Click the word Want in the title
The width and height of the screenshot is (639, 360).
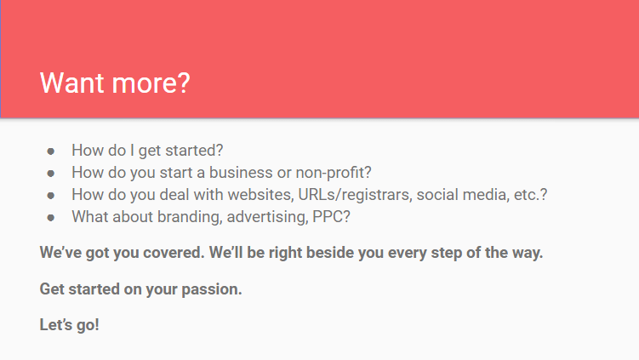72,83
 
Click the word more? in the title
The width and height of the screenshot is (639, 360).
151,83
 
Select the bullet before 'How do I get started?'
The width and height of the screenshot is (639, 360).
50,151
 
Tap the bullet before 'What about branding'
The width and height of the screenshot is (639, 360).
50,218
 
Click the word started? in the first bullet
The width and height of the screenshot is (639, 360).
194,151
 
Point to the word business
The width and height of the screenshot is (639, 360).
241,173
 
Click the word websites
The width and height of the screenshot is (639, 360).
261,195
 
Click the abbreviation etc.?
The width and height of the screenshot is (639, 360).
531,195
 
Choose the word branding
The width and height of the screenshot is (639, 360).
190,217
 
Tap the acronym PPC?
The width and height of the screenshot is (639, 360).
331,216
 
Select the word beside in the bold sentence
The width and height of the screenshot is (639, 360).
330,253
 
